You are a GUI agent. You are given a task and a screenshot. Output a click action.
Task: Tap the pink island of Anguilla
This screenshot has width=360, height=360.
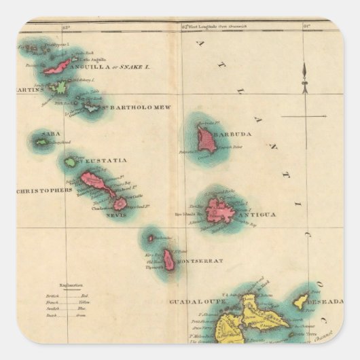pos(58,66)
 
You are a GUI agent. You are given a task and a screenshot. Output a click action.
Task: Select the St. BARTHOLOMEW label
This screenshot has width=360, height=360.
pos(136,107)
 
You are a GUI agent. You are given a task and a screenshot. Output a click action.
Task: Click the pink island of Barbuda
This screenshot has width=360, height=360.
pos(206,140)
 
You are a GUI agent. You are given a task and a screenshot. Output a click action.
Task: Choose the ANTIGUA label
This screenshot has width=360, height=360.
pos(257,215)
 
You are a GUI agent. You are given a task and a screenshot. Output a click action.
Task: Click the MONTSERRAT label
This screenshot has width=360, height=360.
pos(199,261)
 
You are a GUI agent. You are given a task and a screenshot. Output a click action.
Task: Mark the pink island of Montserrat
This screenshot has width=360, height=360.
pos(168,259)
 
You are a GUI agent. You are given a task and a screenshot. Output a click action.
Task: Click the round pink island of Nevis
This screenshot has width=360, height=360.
pos(120,203)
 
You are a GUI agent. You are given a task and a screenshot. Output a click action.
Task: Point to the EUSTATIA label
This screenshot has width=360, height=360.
pos(103,160)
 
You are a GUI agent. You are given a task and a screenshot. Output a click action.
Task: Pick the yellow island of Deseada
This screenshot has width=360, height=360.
pos(300,300)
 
